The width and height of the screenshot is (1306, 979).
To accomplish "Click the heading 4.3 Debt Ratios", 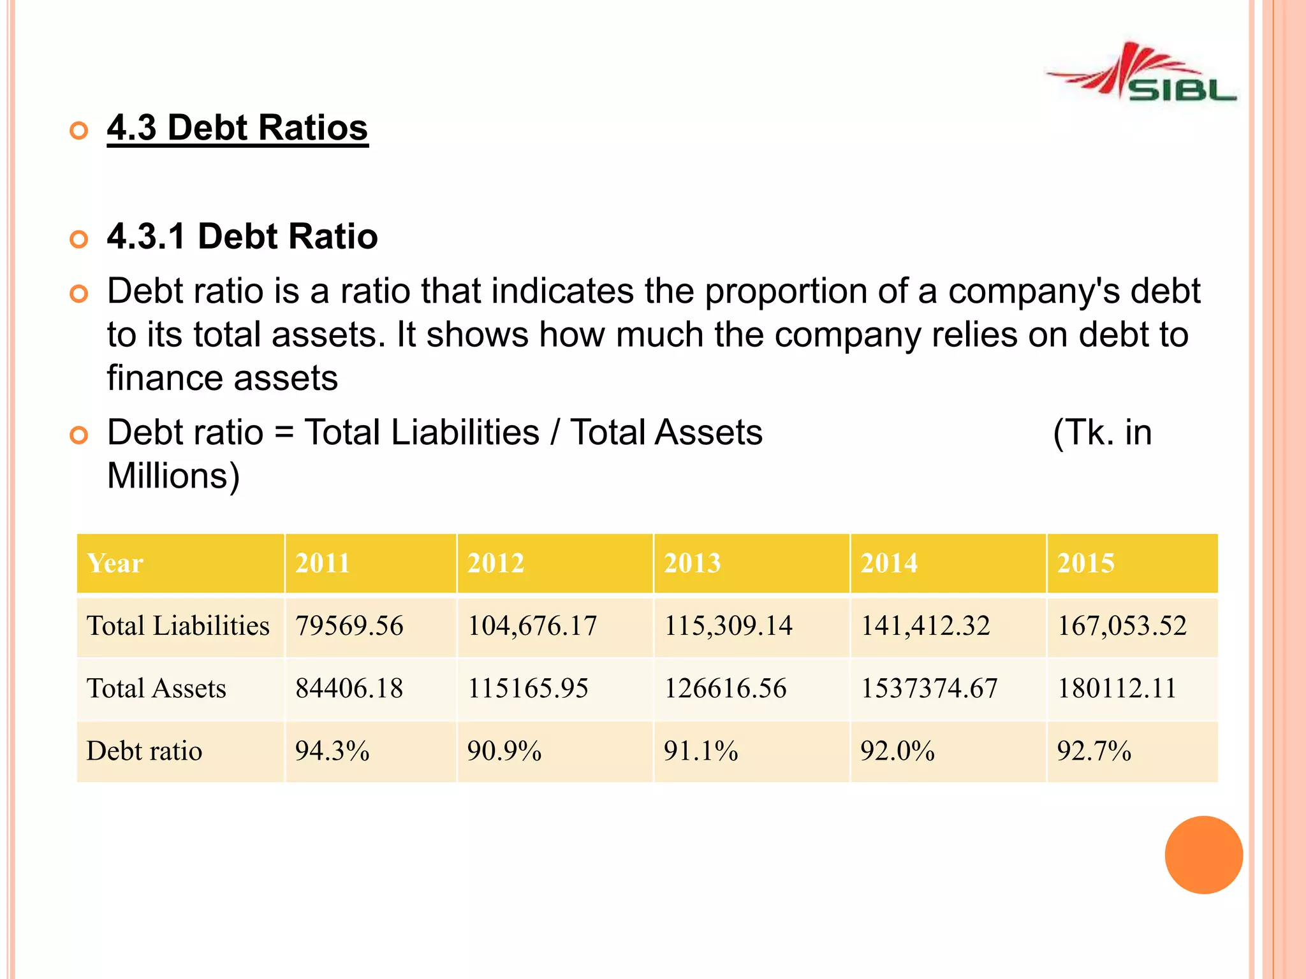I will click(x=237, y=127).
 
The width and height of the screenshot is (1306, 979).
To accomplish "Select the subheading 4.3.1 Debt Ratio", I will click(x=242, y=236).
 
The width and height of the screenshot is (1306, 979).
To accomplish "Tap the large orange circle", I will click(x=1203, y=855).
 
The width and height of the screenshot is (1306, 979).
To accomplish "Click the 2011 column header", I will click(x=323, y=563).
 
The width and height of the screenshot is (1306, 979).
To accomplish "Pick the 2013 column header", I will click(x=692, y=563).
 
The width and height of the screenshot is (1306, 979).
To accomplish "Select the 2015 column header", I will click(x=1085, y=563).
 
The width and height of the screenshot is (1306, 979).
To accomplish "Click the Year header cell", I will click(x=115, y=563).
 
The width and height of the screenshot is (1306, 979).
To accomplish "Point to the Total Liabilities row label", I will click(x=178, y=626).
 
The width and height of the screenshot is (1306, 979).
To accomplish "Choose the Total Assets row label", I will click(x=156, y=688).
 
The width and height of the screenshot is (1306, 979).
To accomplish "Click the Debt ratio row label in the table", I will click(x=144, y=751).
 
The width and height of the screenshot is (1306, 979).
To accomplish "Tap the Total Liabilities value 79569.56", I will click(x=349, y=626).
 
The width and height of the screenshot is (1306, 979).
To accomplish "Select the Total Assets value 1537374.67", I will click(x=929, y=688).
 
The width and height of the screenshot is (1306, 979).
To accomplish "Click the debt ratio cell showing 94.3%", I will click(x=332, y=751).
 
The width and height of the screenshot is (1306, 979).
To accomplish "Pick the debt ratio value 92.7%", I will click(x=1094, y=751).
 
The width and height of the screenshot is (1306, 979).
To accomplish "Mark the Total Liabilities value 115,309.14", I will click(x=728, y=626).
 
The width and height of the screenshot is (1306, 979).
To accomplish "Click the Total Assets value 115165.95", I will click(x=528, y=688).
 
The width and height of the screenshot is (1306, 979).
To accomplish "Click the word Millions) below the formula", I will click(x=173, y=476).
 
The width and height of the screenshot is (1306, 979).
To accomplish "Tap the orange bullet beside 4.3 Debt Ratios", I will click(x=78, y=131).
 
